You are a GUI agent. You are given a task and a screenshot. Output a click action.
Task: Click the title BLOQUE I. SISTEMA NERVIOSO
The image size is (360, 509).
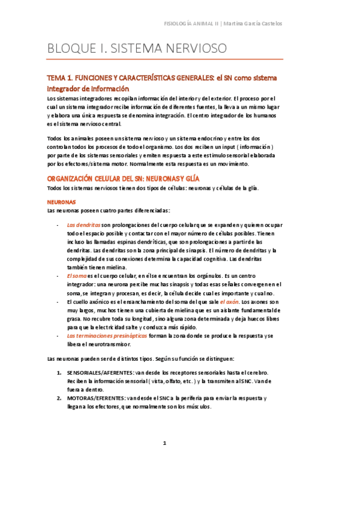136,48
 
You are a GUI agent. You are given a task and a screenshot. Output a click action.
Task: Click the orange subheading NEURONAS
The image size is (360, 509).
61,202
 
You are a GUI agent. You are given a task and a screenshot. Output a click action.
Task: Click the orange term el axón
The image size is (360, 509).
230,302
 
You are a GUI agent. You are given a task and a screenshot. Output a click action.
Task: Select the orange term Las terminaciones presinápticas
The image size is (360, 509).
99,336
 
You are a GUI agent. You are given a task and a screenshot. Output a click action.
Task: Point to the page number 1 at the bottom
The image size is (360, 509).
164,443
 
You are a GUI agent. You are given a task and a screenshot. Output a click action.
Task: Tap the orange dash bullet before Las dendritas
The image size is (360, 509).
57,225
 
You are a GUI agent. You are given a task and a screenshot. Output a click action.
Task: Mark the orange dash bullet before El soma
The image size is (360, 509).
57,276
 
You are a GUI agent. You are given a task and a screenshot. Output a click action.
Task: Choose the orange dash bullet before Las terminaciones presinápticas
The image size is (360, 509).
57,336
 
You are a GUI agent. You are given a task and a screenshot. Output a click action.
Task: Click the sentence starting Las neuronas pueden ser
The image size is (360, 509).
141,359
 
